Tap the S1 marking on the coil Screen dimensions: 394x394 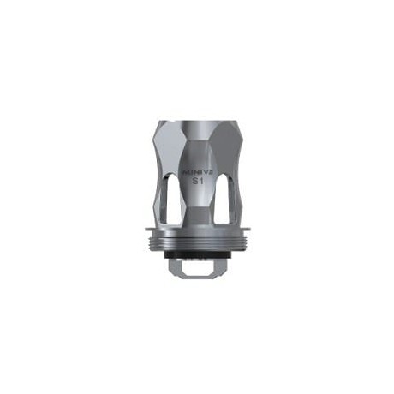coord(198,184)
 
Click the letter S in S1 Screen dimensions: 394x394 coord(194,184)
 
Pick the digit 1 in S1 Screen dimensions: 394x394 coord(202,184)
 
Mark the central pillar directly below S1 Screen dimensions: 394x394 coord(198,210)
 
